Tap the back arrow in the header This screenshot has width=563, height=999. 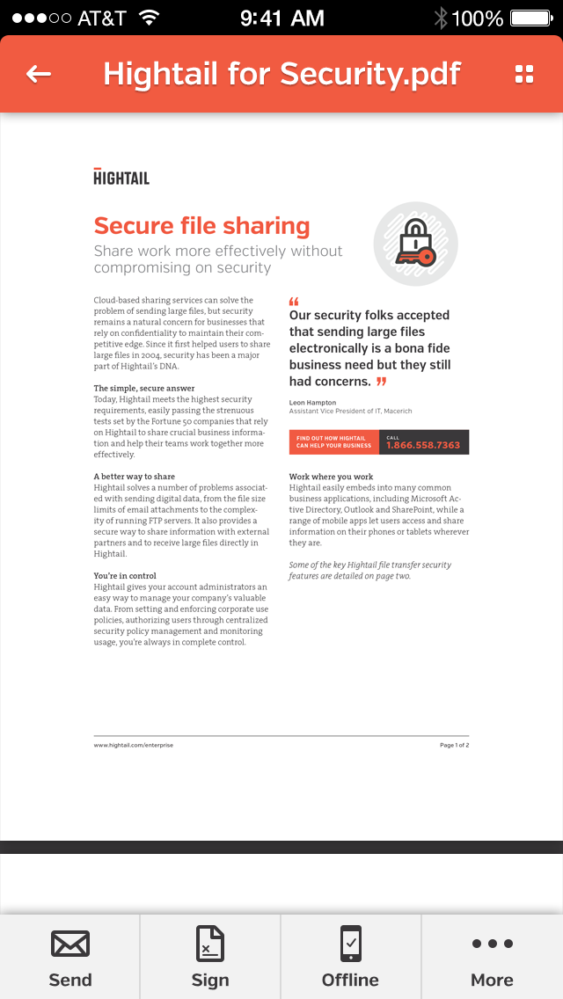(x=39, y=74)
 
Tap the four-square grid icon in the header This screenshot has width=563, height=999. (x=524, y=74)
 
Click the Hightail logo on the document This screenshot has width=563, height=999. (x=121, y=177)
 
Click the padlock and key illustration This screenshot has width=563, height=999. (x=415, y=244)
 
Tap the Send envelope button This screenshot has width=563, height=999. (x=70, y=957)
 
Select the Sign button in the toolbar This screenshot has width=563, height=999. (x=210, y=957)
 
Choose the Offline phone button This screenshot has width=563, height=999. (x=350, y=957)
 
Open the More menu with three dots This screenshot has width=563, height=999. (x=492, y=957)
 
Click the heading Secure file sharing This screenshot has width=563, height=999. (x=201, y=226)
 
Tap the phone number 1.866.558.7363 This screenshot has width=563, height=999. (x=423, y=444)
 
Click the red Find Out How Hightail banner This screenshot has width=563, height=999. (x=333, y=442)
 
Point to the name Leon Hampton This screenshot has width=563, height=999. (x=312, y=403)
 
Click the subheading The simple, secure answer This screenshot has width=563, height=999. (x=144, y=388)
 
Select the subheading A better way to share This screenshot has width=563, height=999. (x=135, y=477)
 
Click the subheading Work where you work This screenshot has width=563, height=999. (x=331, y=477)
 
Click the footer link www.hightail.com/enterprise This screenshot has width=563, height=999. (x=134, y=745)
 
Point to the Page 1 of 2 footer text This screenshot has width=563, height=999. (x=454, y=745)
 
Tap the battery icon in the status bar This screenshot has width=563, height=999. (x=531, y=18)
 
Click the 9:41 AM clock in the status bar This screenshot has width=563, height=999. (x=281, y=18)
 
